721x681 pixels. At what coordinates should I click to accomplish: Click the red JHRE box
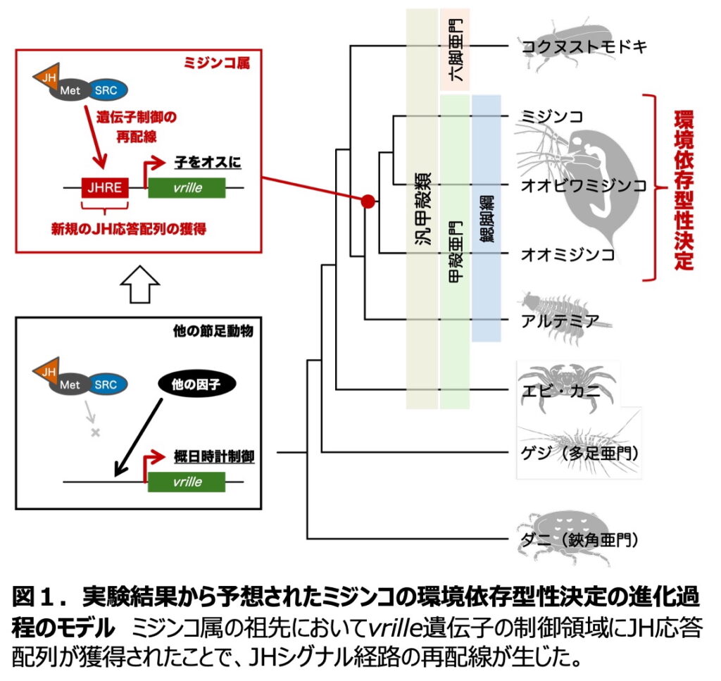point(104,187)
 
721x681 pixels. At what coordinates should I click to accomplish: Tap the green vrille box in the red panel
point(187,187)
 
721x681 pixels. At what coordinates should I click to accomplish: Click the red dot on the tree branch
point(367,202)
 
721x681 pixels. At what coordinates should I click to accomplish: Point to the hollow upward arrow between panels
point(140,285)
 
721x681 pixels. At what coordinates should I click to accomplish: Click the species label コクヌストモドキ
point(584,48)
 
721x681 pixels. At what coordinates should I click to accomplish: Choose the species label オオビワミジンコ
point(584,186)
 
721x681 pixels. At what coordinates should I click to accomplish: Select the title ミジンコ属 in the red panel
point(227,64)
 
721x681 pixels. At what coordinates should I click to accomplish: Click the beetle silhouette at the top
point(569,46)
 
